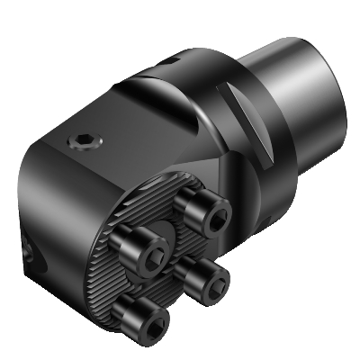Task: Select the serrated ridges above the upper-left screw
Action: pos(144,202)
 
